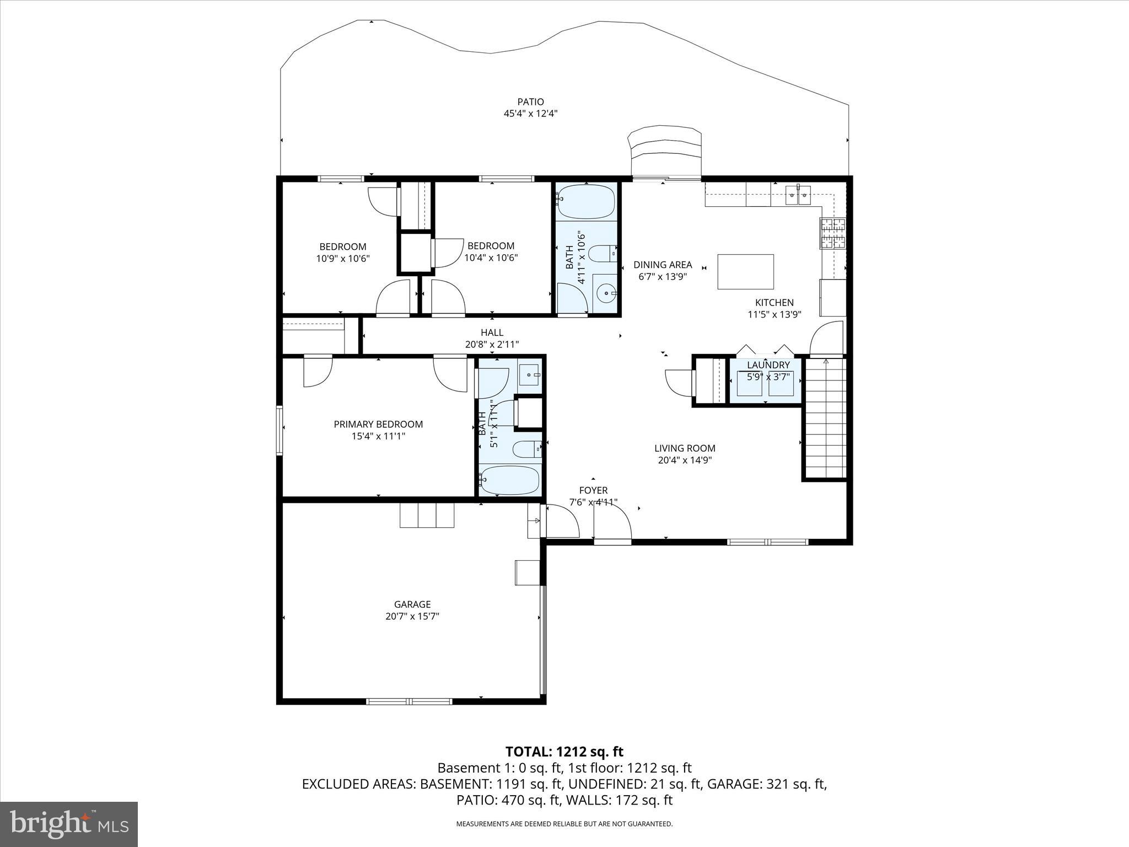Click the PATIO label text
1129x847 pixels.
530,102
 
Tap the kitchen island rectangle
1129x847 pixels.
745,272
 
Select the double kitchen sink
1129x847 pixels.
798,193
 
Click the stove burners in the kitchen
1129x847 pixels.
832,234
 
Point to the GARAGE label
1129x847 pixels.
412,604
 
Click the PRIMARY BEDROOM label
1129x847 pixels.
378,424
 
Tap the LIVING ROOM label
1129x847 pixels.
685,448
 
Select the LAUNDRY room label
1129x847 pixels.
768,365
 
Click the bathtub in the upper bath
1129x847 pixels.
585,202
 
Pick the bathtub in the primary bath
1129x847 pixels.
509,480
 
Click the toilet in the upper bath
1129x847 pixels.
603,254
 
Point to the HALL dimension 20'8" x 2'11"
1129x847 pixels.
492,345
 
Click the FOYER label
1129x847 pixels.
593,490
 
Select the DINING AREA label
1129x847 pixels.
662,265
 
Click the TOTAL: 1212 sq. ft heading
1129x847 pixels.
564,752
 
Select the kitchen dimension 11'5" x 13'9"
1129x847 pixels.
774,314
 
